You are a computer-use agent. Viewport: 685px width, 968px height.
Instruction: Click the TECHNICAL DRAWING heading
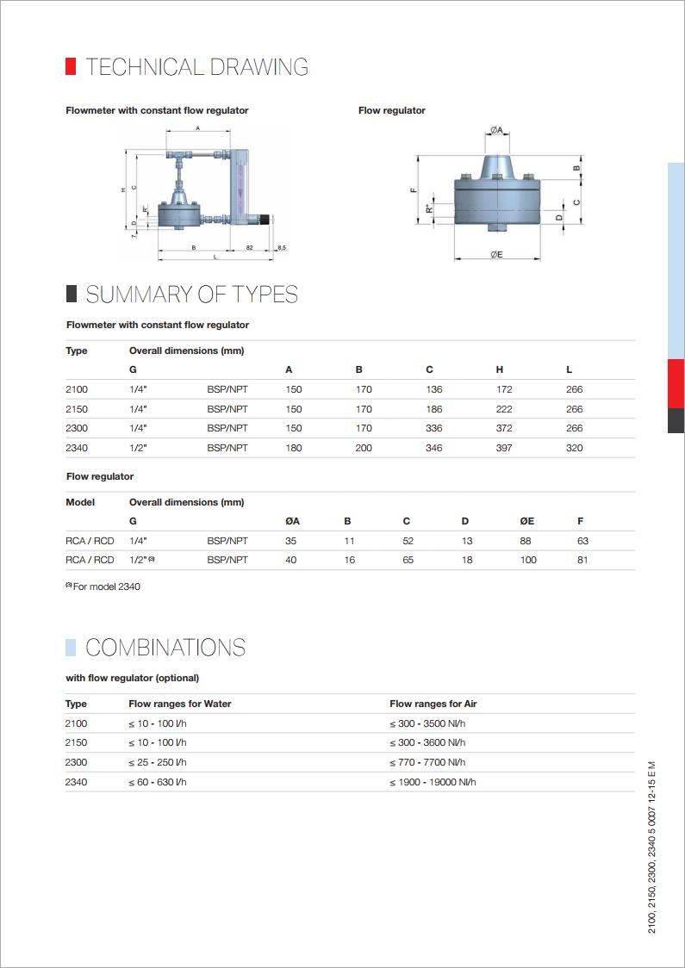pyautogui.click(x=196, y=67)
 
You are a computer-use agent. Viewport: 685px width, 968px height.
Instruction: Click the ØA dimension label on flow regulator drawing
pyautogui.click(x=497, y=130)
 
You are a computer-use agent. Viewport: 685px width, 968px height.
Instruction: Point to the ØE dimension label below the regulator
pyautogui.click(x=497, y=255)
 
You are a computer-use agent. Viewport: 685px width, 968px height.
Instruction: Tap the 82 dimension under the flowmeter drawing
pyautogui.click(x=249, y=248)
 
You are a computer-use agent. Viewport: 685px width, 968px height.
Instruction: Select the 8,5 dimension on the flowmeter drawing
pyautogui.click(x=281, y=248)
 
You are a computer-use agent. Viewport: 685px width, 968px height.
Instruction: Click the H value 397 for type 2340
pyautogui.click(x=504, y=448)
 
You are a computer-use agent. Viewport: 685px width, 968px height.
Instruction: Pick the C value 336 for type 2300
pyautogui.click(x=433, y=428)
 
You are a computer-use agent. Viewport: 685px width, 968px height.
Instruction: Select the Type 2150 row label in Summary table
pyautogui.click(x=77, y=409)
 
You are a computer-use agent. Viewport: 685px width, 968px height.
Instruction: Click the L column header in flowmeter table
pyautogui.click(x=569, y=369)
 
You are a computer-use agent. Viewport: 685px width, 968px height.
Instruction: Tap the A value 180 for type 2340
pyautogui.click(x=294, y=448)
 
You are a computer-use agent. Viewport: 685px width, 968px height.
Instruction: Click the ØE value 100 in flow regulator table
pyautogui.click(x=528, y=560)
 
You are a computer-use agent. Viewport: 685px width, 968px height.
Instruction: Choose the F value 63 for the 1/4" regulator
pyautogui.click(x=582, y=541)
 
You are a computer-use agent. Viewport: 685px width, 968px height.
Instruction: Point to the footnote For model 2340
pyautogui.click(x=106, y=586)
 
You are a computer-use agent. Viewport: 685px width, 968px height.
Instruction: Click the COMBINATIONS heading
pyautogui.click(x=165, y=648)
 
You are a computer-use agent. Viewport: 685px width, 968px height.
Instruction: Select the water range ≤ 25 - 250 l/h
pyautogui.click(x=158, y=762)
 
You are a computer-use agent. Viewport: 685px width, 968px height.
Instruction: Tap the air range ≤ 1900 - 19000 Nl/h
pyautogui.click(x=433, y=782)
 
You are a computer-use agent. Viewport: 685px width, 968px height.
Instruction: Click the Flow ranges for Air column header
pyautogui.click(x=433, y=704)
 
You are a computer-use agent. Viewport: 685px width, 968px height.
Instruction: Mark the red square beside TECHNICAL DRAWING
pyautogui.click(x=71, y=67)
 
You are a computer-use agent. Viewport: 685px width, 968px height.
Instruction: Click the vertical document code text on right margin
pyautogui.click(x=651, y=847)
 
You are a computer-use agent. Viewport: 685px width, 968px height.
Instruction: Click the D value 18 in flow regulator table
pyautogui.click(x=466, y=560)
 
